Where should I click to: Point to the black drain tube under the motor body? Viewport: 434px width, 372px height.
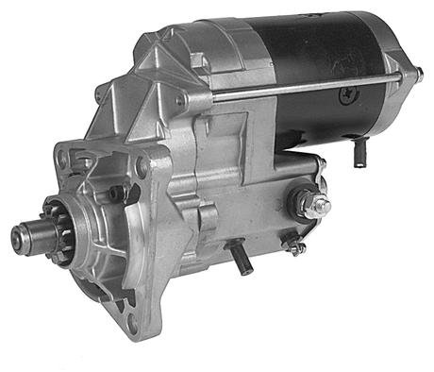pyautogui.click(x=359, y=151)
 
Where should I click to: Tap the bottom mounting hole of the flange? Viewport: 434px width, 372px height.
pyautogui.click(x=131, y=326)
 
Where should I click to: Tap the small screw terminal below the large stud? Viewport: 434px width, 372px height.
pyautogui.click(x=294, y=247)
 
